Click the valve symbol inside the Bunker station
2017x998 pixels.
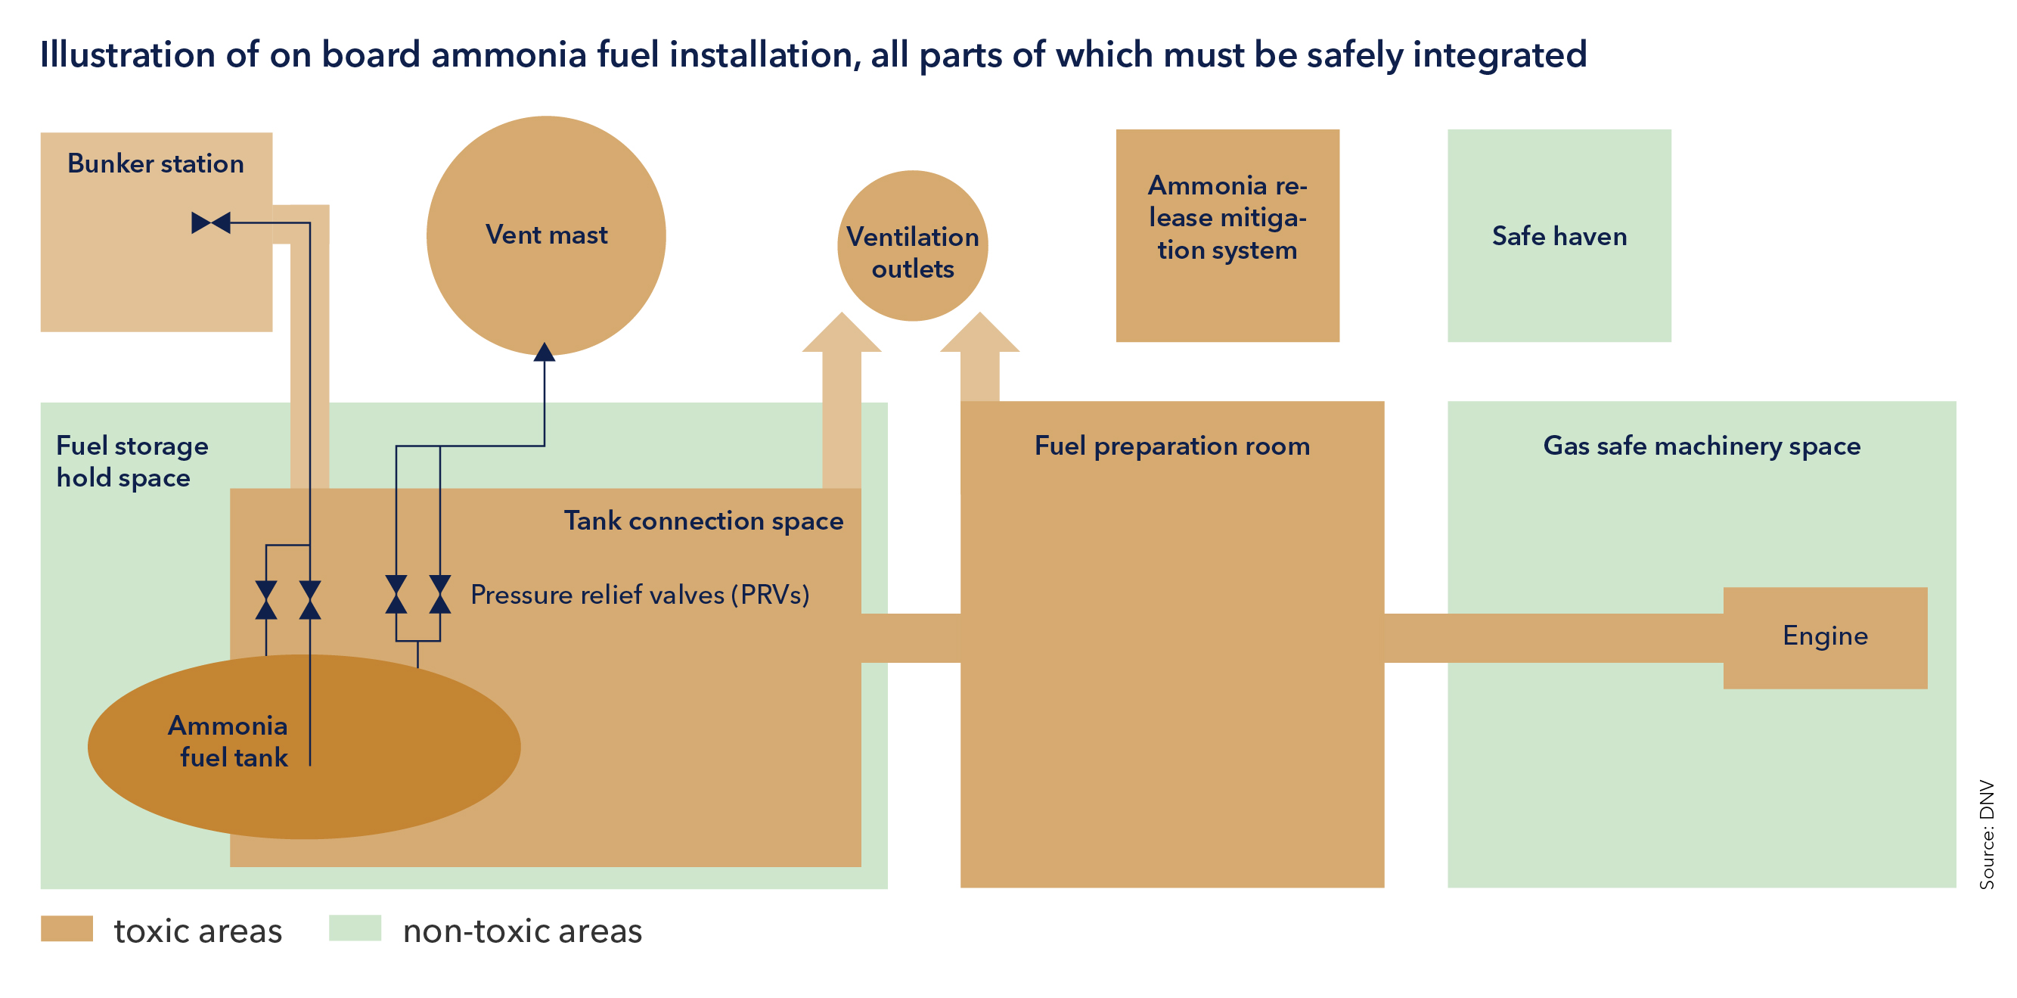pos(211,223)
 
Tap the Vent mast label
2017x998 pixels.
pos(546,235)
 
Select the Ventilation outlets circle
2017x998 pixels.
pos(912,245)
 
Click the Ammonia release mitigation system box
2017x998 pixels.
pos(1227,235)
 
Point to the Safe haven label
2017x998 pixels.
pos(1559,237)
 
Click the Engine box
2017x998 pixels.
pos(1824,637)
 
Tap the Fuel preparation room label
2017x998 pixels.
pos(1171,446)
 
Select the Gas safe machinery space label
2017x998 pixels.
pos(1701,446)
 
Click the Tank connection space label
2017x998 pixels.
pos(703,521)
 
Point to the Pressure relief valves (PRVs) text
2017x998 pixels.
pos(639,595)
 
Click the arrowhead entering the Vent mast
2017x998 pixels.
pos(545,353)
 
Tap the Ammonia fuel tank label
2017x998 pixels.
pos(228,741)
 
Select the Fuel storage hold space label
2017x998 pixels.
pos(132,462)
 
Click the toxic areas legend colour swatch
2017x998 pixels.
pos(67,928)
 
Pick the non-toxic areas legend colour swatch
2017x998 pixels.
pos(355,928)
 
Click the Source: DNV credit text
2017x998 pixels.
pos(1987,834)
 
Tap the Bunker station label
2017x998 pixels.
pos(155,163)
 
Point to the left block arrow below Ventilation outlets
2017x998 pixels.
pos(841,376)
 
